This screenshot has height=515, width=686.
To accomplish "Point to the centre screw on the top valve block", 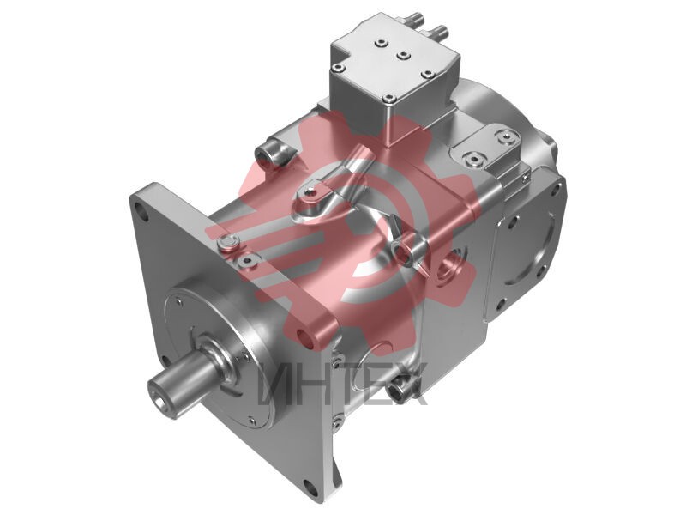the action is click(403, 56).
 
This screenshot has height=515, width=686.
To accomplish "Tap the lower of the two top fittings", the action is click(439, 32).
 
